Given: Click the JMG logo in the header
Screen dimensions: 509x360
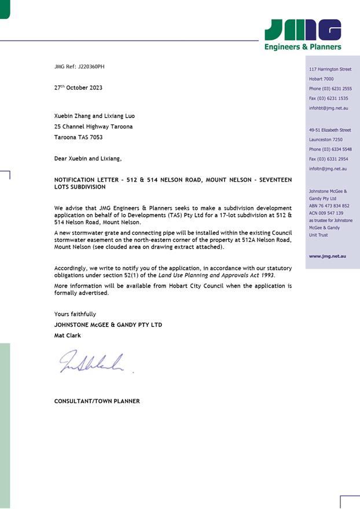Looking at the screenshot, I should tap(303, 29).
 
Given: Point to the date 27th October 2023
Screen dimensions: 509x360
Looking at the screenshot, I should tap(78, 88).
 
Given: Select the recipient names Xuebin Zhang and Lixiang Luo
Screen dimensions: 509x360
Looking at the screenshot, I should tap(94, 116).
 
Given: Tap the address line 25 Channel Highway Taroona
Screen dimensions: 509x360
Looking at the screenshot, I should tap(93, 127).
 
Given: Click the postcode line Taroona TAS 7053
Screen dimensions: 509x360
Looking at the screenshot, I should tap(78, 138).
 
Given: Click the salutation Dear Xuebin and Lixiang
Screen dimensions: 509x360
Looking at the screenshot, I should tap(88, 158).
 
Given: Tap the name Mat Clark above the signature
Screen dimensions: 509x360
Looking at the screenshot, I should tap(68, 335).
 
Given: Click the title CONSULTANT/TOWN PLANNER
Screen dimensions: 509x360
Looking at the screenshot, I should tap(97, 401).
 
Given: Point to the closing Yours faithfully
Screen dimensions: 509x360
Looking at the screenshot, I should tap(75, 314).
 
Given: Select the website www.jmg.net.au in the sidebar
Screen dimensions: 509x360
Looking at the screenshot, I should tap(328, 256).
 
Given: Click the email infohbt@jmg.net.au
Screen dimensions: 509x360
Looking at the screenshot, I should tap(329, 108).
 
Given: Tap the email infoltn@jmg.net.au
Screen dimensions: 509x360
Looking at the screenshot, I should tap(328, 169).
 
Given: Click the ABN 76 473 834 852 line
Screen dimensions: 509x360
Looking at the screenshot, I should tap(329, 205).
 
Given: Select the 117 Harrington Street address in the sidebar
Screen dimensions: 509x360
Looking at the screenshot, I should tap(330, 69).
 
